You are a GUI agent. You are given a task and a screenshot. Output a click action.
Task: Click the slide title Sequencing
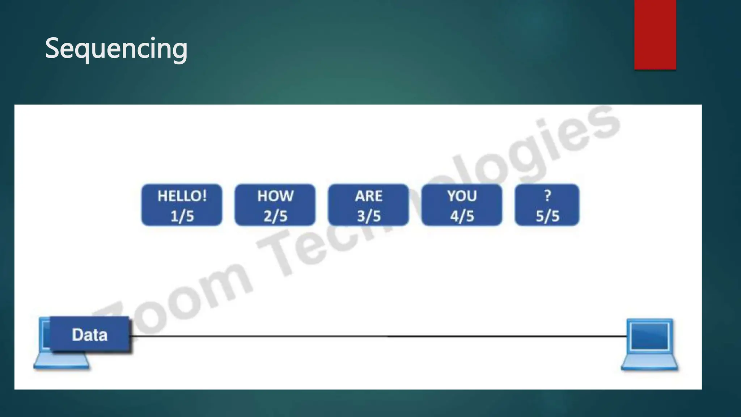pos(116,49)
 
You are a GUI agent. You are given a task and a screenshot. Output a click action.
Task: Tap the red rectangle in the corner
pos(655,34)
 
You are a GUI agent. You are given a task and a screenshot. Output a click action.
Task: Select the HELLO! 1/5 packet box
pos(182,205)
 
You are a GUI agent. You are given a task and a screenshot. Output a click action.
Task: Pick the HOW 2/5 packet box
pos(275,205)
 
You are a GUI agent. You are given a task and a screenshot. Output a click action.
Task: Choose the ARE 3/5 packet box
pos(368,205)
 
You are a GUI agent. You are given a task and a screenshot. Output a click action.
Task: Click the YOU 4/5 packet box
pos(462,205)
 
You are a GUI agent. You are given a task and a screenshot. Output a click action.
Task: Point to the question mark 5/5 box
pos(547,205)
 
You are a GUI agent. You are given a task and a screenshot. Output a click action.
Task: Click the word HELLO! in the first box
pos(182,196)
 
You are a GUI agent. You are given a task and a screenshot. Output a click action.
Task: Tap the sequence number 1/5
pos(182,216)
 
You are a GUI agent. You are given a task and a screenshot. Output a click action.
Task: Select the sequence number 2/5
pos(275,216)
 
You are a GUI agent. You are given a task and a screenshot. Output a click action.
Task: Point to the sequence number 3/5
pos(369,216)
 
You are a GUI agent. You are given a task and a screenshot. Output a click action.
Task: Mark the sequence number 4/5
pos(462,216)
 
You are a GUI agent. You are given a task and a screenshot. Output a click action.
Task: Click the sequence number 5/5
pos(547,216)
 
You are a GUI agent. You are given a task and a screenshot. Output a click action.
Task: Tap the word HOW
pos(275,196)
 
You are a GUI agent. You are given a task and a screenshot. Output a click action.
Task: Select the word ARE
pos(369,196)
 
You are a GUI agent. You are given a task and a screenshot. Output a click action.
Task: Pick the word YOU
pos(462,196)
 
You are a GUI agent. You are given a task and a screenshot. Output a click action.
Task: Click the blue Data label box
pos(89,334)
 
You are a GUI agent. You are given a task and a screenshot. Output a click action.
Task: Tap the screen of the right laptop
pos(649,336)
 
